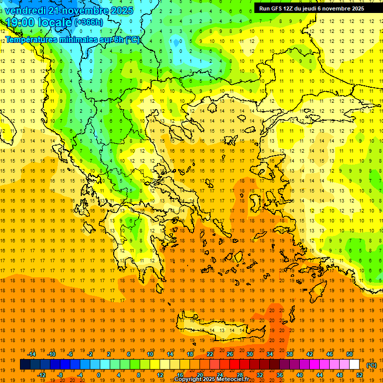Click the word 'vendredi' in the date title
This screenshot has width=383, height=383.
[x=28, y=10]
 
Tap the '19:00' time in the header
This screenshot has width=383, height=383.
[x=22, y=22]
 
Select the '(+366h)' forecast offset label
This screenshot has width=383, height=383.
[x=89, y=22]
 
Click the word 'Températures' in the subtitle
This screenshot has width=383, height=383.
[x=31, y=39]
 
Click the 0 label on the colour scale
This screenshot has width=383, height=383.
[x=98, y=375]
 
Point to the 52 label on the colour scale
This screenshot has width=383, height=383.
[x=360, y=375]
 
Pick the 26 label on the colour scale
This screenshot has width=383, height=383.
[x=230, y=354]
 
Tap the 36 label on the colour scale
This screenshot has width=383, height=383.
[x=280, y=375]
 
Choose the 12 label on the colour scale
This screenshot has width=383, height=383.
[x=160, y=375]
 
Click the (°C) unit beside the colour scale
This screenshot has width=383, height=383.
[x=372, y=365]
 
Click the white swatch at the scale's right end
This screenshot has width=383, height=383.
[x=355, y=365]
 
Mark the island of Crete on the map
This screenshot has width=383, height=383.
[x=219, y=329]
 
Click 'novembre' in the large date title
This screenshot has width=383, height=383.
[x=88, y=10]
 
